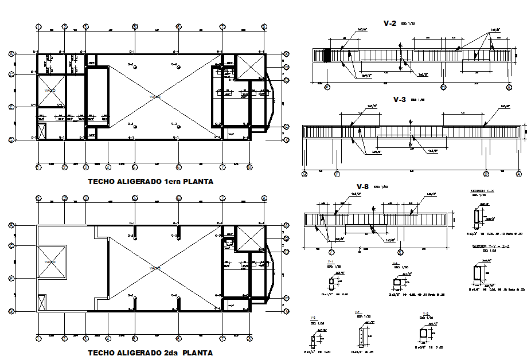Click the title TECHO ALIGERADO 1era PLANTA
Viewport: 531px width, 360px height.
[x=150, y=181]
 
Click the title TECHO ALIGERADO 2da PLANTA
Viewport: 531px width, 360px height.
[x=150, y=353]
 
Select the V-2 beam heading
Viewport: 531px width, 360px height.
[x=389, y=24]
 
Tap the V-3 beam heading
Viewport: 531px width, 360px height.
[x=399, y=99]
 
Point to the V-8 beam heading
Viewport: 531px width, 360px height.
[x=362, y=187]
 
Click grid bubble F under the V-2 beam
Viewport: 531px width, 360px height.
[x=327, y=87]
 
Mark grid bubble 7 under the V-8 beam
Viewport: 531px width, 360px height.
[x=331, y=252]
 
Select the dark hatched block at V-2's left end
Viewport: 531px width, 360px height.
[x=327, y=55]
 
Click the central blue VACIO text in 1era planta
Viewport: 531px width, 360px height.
[x=154, y=97]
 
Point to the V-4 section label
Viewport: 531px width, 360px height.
[x=395, y=263]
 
